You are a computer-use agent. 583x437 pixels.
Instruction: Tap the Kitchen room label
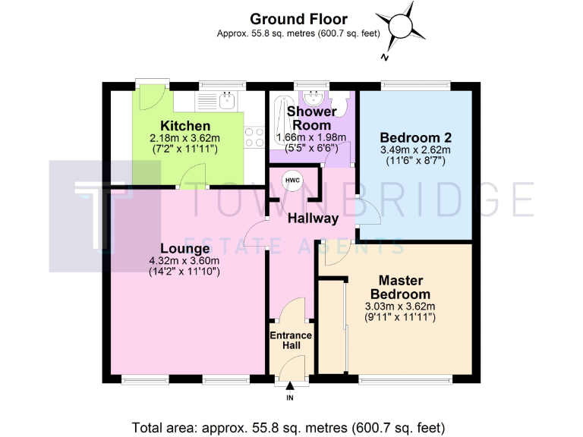tap(185, 125)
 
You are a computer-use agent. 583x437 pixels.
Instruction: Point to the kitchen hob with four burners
tap(254, 137)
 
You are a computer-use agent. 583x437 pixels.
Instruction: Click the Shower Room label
tap(311, 118)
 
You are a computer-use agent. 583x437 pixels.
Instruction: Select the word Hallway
tap(313, 218)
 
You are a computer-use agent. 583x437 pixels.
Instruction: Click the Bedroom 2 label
tap(416, 137)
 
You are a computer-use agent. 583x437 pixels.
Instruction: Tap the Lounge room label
tap(184, 248)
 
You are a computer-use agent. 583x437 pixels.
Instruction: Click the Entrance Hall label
tap(291, 340)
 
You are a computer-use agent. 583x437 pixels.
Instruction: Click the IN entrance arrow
tap(289, 388)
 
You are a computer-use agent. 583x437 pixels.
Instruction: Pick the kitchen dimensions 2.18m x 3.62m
tap(185, 137)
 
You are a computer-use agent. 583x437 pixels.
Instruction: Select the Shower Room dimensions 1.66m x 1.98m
tap(311, 137)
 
